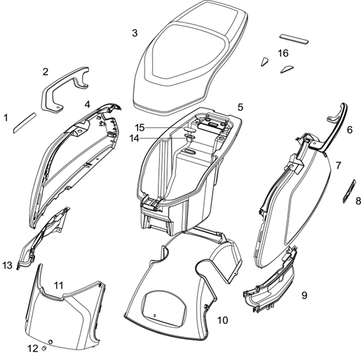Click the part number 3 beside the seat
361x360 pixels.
point(135,33)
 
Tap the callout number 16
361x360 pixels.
point(283,53)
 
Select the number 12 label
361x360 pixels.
point(33,349)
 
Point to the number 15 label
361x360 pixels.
point(139,128)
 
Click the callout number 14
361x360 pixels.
point(134,138)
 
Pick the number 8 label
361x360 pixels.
point(358,201)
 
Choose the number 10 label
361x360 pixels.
point(222,320)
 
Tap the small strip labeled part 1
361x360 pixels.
point(24,123)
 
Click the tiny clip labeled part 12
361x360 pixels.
point(44,349)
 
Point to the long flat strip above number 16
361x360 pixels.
point(294,40)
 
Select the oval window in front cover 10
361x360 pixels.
point(164,309)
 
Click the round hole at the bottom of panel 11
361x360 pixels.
point(51,342)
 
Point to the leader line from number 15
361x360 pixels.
point(164,128)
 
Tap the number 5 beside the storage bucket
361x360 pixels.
point(240,107)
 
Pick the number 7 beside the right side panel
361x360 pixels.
point(338,165)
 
